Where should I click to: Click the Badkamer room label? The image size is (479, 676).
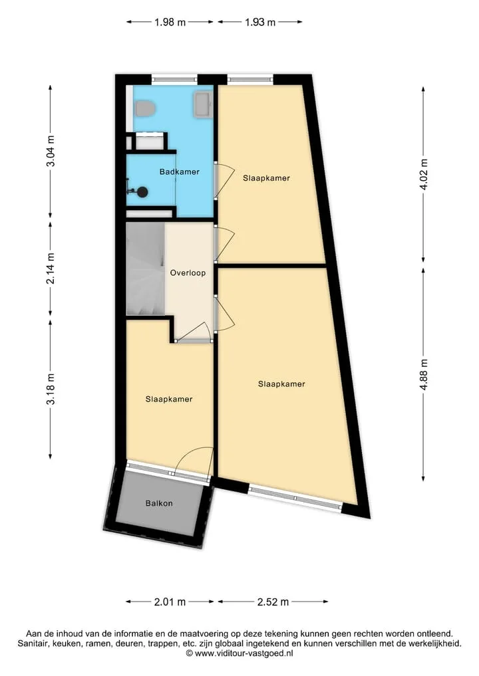[180, 171]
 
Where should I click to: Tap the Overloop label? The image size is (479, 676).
[188, 273]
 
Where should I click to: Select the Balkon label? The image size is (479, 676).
[159, 503]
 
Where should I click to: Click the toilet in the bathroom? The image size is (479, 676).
[145, 108]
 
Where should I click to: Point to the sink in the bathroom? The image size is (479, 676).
[204, 105]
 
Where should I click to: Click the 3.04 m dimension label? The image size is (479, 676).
[51, 151]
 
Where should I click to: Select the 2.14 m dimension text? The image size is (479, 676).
[51, 269]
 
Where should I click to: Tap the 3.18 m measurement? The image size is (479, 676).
[51, 389]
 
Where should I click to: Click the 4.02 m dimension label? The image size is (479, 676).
[424, 174]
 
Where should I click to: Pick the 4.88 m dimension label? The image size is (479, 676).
[424, 374]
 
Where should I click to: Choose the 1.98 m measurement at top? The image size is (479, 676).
[170, 22]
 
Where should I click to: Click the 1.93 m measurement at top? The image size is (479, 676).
[260, 22]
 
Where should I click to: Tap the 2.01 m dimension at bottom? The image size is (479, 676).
[170, 602]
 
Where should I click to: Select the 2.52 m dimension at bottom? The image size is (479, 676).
[273, 602]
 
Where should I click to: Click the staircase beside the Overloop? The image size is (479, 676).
[145, 269]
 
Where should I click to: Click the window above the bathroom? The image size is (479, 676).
[174, 79]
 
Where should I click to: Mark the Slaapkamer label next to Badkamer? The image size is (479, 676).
[266, 177]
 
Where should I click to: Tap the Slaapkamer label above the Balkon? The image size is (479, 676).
[169, 399]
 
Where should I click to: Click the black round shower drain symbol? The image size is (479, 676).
[141, 192]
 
